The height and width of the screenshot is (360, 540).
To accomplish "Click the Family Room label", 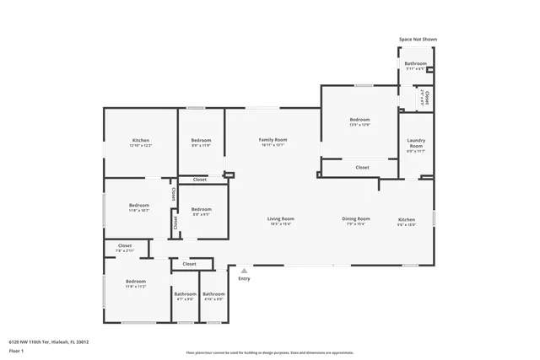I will click(x=273, y=140).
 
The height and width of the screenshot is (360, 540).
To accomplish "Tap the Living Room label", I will click(x=280, y=219).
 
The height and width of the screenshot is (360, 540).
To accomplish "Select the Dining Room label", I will click(x=355, y=219).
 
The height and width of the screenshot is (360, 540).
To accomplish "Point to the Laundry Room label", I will click(x=415, y=143).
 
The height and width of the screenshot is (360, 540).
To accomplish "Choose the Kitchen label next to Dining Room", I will click(x=407, y=220).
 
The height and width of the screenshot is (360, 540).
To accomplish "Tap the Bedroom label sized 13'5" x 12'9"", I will click(x=359, y=120).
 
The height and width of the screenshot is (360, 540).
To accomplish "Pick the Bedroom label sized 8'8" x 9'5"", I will click(x=201, y=209).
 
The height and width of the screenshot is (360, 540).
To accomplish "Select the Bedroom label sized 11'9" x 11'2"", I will click(x=136, y=282).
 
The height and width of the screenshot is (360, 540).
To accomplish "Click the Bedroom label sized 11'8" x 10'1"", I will click(x=138, y=206).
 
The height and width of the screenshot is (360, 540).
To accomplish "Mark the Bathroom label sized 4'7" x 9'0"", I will click(x=185, y=294).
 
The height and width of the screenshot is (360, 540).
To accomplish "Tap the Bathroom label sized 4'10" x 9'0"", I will click(x=213, y=294).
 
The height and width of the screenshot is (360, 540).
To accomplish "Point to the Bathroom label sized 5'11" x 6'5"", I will click(x=415, y=64).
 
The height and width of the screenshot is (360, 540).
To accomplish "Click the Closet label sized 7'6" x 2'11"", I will click(x=119, y=247).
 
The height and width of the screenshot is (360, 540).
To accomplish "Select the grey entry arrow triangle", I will click(x=244, y=271).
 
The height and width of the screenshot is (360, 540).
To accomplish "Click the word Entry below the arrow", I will click(x=244, y=278).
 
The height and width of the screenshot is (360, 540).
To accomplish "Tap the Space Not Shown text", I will click(x=418, y=39).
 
